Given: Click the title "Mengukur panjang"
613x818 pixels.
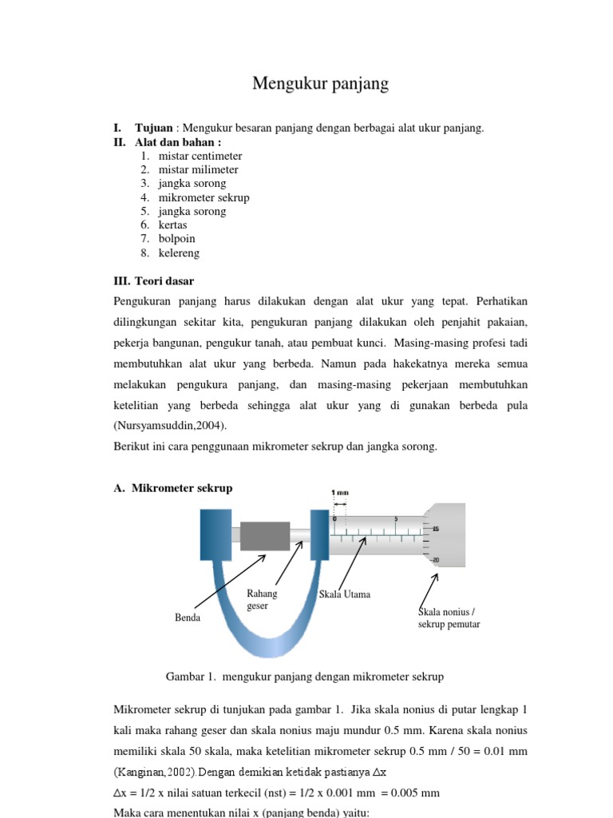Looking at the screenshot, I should point(320,84).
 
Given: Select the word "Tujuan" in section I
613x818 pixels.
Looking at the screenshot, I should point(154,129).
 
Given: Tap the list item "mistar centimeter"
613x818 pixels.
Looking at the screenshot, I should point(200,156).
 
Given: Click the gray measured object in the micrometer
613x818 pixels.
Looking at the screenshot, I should point(264,535).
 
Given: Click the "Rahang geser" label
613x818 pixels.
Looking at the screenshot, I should point(262,599).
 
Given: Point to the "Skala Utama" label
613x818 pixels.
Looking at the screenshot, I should point(344,595).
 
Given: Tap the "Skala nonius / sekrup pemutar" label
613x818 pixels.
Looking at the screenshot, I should point(449,618).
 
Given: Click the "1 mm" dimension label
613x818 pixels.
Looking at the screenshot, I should point(340,492).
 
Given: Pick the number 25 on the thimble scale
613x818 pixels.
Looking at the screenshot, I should point(435,529).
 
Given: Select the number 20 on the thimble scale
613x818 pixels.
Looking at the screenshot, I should point(435,560).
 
